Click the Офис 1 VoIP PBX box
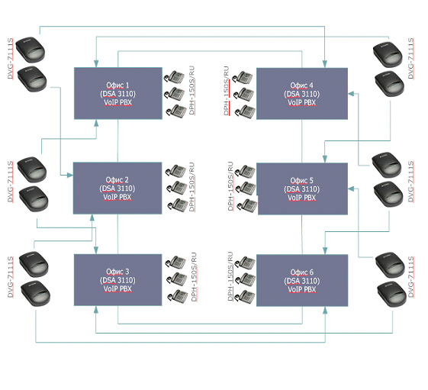(x=118, y=93)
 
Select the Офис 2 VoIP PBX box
(x=117, y=189)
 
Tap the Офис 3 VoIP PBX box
(x=118, y=280)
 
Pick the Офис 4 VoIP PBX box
(x=302, y=94)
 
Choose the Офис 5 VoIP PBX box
(x=302, y=189)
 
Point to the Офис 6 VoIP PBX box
(x=302, y=281)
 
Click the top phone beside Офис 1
(x=175, y=77)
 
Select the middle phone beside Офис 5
(x=246, y=189)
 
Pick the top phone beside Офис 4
(x=242, y=77)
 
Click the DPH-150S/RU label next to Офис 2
(x=191, y=187)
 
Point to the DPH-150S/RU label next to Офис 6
(x=230, y=276)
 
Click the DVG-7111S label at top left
(x=11, y=59)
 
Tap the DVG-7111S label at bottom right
(x=410, y=276)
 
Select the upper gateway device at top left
(x=31, y=50)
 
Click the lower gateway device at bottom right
(x=391, y=295)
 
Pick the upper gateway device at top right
(x=388, y=55)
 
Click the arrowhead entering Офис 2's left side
(x=70, y=175)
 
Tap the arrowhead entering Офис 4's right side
(x=351, y=94)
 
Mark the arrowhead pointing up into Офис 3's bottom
(x=96, y=309)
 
